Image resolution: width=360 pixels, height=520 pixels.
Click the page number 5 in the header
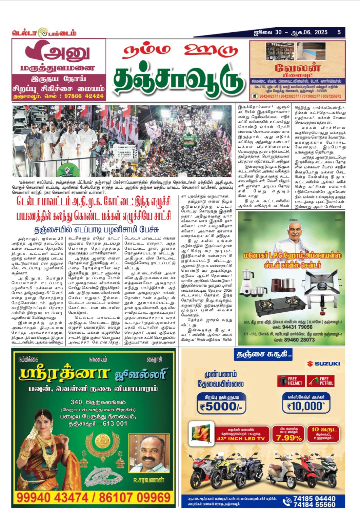[339, 32]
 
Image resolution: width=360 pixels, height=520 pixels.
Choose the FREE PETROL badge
[321, 381]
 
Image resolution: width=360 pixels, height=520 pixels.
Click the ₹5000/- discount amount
[221, 407]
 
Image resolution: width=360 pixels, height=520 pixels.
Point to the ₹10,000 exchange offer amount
[306, 406]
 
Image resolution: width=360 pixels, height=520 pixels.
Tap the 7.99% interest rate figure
[289, 438]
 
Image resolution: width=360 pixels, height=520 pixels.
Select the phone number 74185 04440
[314, 498]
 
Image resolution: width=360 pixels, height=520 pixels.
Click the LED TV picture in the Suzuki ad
[202, 432]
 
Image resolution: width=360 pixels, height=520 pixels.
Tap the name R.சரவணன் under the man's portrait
[148, 480]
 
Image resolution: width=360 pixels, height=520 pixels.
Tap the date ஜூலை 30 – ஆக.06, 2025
[291, 32]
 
